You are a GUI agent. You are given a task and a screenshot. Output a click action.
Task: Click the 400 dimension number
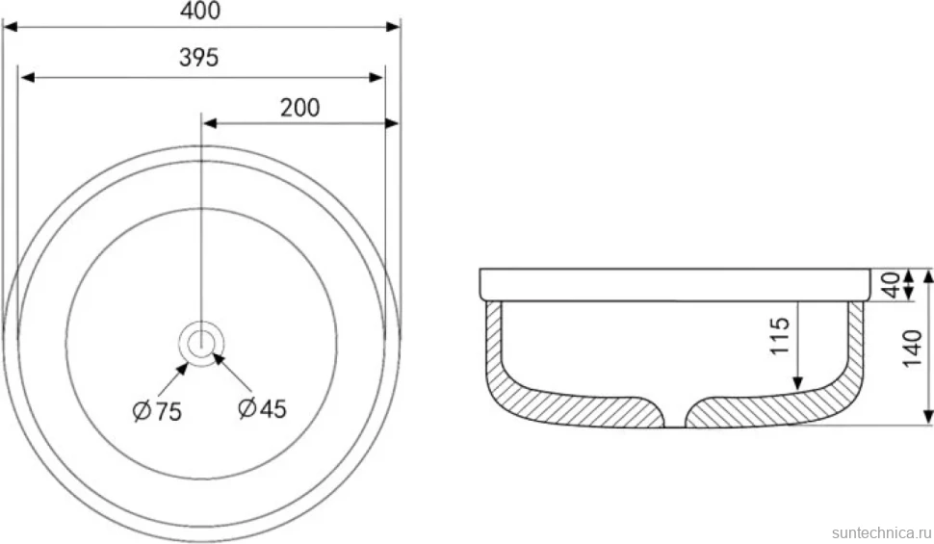[x=200, y=11]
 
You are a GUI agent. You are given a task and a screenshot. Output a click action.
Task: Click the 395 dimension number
[x=199, y=57]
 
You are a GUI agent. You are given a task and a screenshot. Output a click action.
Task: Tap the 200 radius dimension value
[x=300, y=107]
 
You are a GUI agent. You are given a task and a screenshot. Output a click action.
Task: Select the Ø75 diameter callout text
[x=157, y=411]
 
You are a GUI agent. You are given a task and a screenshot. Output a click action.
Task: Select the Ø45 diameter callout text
[x=262, y=409]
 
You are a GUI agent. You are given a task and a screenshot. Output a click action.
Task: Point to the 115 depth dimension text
[x=780, y=335]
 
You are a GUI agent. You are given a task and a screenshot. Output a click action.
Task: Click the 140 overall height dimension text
[x=913, y=349]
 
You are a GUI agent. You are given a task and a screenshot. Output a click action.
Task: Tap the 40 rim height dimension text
[x=890, y=285]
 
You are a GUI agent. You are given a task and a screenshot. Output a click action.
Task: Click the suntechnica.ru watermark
[x=882, y=532]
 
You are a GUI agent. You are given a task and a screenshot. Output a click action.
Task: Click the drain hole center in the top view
[x=201, y=343]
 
